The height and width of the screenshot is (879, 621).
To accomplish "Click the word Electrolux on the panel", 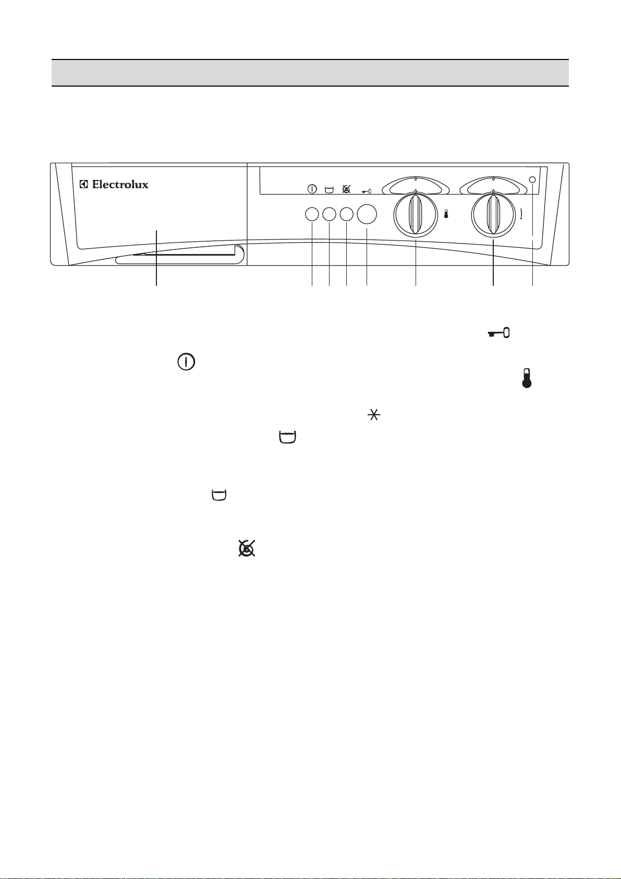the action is point(120,185).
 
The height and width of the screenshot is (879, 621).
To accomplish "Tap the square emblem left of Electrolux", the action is point(83,185).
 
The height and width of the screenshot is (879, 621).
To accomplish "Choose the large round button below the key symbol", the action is point(367,214).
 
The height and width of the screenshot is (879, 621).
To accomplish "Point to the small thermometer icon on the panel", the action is point(446,214).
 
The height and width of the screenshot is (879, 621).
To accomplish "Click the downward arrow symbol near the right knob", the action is point(521,214).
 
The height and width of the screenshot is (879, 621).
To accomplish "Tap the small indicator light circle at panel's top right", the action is point(532,180).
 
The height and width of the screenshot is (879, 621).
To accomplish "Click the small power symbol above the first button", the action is point(312,189).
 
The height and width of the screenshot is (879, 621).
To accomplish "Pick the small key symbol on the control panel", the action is point(367,191).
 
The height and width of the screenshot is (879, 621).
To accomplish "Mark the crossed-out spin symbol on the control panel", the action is point(346,189).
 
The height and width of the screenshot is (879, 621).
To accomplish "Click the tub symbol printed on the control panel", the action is point(329,190).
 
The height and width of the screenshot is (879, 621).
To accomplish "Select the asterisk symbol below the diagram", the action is point(374,415).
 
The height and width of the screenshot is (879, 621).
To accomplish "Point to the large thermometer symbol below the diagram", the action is point(527,378).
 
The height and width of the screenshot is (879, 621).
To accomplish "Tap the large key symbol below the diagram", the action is point(498,333).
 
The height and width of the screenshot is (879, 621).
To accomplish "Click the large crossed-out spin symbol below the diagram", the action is point(247,548).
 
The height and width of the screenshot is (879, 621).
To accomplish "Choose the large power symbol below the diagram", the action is point(186,362).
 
